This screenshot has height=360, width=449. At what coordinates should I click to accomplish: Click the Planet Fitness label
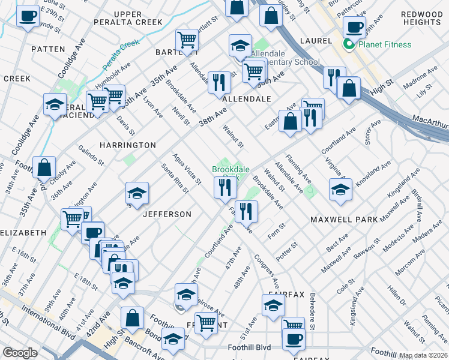[385, 44]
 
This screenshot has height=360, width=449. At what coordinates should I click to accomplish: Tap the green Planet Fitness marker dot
[348, 44]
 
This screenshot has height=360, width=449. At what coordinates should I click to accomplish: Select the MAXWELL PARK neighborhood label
[344, 220]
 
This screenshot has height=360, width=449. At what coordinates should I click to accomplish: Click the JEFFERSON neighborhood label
[167, 214]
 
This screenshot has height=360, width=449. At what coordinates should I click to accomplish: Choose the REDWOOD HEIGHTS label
[422, 18]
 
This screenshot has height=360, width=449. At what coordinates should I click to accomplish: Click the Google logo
[20, 353]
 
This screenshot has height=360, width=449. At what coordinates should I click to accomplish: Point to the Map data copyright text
[424, 355]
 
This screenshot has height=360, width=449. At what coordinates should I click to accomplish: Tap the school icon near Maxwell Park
[340, 190]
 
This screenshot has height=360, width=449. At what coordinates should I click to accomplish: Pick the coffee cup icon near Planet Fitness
[354, 26]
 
